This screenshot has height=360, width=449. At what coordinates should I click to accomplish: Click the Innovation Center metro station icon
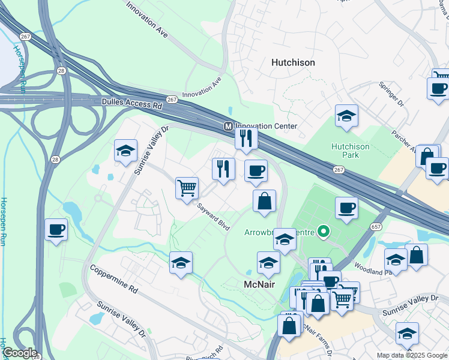click(228, 127)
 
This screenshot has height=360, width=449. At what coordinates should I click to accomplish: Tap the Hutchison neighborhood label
click(293, 62)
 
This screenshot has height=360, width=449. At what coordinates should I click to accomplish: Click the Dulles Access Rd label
click(132, 104)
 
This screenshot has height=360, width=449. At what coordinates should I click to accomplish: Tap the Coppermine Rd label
click(114, 279)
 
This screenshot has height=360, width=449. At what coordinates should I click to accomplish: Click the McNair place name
click(259, 284)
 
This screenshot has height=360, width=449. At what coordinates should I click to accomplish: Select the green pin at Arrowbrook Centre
click(324, 231)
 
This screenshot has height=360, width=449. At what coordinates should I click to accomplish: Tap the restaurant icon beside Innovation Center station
click(246, 139)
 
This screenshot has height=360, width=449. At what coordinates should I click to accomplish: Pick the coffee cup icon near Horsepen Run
click(56, 229)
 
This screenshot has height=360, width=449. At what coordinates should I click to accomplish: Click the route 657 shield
click(376, 227)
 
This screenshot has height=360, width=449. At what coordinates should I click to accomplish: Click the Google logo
click(19, 353)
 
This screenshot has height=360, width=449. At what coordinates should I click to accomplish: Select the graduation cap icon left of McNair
click(181, 262)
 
